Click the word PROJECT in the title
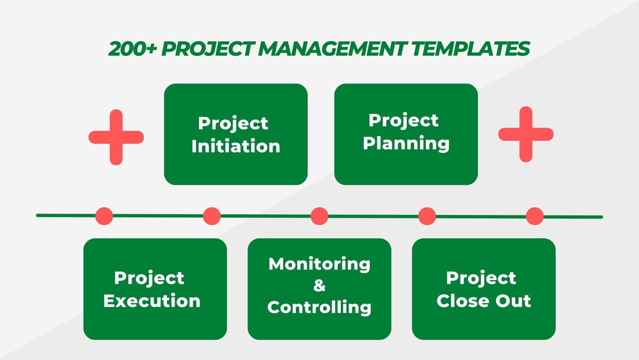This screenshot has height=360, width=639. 208,49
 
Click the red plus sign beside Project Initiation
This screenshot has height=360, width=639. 116,137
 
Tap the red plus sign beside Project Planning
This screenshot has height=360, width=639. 525,134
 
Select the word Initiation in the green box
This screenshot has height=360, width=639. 235,146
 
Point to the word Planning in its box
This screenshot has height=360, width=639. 406,143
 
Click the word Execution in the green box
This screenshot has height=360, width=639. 152,300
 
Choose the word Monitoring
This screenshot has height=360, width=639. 319,263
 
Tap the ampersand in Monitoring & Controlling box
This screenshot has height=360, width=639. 319,285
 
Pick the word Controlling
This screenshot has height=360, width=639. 319,307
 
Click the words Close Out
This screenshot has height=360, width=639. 483,300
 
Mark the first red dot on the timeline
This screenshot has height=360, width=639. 104,216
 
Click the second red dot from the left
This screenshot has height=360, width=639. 212,216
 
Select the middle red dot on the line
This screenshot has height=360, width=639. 319,216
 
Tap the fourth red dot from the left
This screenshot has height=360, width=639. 427,216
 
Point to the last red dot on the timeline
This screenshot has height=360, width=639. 535,216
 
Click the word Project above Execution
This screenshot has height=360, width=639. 149,278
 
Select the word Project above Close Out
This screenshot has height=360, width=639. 481,278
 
